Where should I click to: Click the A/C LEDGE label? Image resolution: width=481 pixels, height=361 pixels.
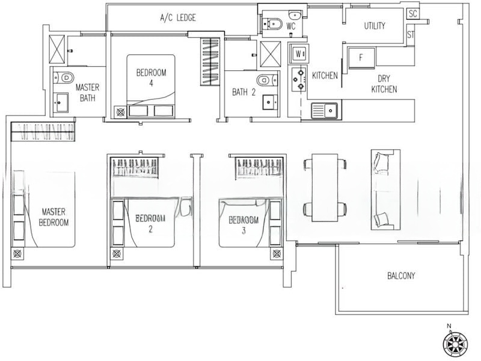tap(178, 18)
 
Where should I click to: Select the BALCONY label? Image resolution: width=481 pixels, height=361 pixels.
tap(401, 276)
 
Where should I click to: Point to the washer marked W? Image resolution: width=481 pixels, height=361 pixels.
tap(298, 54)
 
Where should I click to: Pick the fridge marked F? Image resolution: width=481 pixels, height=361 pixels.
tap(361, 58)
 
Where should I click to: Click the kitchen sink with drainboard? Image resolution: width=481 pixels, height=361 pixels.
tap(325, 110)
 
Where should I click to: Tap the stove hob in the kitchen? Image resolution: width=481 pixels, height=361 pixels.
tap(298, 79)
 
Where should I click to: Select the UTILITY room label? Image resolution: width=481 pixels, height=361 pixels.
tap(374, 26)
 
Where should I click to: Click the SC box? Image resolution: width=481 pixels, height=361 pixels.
tap(413, 13)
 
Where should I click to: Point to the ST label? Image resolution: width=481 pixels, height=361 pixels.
tap(411, 35)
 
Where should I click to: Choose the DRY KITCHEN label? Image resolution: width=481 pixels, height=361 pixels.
tap(384, 84)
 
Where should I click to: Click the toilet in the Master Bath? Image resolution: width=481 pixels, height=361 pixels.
tap(64, 78)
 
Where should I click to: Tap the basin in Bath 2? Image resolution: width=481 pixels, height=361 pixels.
tap(270, 102)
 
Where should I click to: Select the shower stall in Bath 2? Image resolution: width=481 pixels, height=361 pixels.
tap(270, 54)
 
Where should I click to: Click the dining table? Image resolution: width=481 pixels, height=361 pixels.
tap(325, 188)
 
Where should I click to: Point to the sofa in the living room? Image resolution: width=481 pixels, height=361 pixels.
tap(385, 190)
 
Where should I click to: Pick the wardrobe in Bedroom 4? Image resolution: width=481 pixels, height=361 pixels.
tap(210, 61)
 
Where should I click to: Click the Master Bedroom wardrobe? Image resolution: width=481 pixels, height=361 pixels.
tap(43, 131)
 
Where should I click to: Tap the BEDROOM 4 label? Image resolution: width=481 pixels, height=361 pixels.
tap(152, 78)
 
